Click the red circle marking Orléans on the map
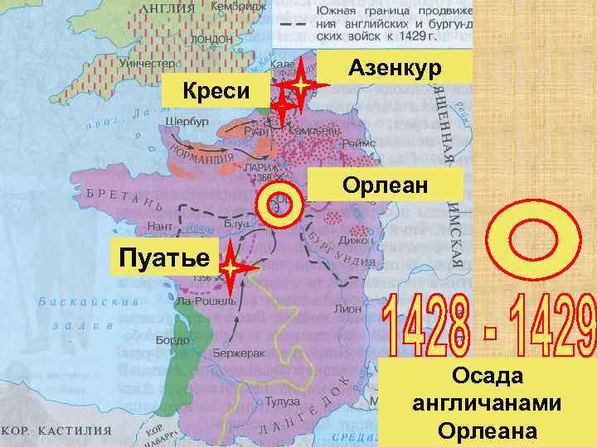click(279, 203)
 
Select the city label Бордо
click(177, 339)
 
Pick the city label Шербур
click(187, 121)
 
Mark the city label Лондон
click(211, 39)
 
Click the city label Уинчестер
click(146, 63)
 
